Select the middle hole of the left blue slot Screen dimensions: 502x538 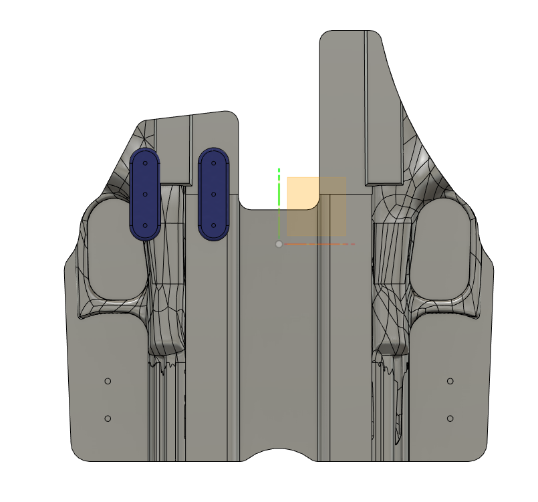click(x=144, y=195)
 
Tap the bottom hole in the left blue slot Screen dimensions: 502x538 click(x=144, y=226)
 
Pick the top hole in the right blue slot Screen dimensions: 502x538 click(x=214, y=162)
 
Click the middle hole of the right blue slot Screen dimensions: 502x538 click(x=214, y=195)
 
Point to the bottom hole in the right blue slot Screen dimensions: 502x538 click(x=214, y=226)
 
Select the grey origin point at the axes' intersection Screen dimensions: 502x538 click(x=279, y=244)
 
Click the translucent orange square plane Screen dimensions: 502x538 click(x=316, y=207)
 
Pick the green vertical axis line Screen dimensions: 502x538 click(x=279, y=201)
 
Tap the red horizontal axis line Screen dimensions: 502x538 click(x=321, y=244)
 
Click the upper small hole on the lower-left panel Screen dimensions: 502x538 click(x=108, y=381)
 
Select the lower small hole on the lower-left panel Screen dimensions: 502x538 click(x=108, y=418)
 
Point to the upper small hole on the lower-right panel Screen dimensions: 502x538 click(x=450, y=381)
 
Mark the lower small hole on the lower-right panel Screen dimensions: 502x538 click(x=450, y=418)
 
